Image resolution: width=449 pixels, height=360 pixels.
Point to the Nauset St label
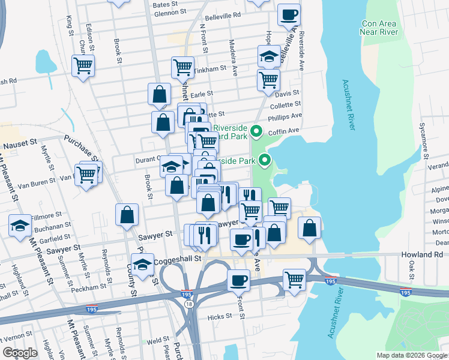[20, 146]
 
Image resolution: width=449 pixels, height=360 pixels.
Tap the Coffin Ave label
[285, 131]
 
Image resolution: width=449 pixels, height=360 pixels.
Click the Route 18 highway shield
[190, 304]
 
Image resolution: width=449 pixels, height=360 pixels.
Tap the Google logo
[20, 353]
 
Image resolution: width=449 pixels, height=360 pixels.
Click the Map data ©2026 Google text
[411, 355]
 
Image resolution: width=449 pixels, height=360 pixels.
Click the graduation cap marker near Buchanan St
[20, 226]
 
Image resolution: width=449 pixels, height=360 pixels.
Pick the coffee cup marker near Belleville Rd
[289, 14]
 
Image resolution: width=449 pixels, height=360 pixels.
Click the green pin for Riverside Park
[264, 160]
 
